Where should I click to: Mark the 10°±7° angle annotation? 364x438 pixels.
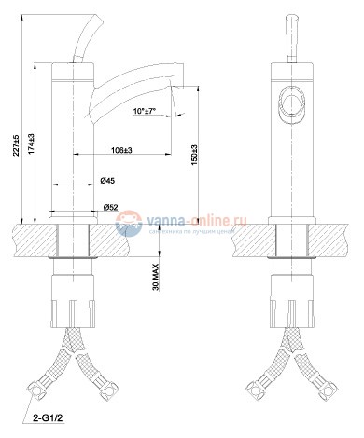pos(149,111)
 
